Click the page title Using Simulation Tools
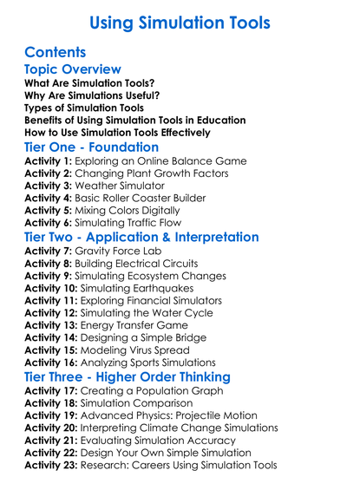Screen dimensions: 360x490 coord(179,20)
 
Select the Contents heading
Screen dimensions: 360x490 coord(55,51)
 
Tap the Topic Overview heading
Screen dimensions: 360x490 coord(72,69)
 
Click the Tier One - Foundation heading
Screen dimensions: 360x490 coord(91,147)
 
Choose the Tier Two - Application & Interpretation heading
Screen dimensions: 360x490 coord(141,237)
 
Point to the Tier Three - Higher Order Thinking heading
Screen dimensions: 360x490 coord(127,377)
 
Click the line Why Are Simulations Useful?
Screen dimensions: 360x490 coord(91,95)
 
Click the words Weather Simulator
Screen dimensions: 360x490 coord(128,186)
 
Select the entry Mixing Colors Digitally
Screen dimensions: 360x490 coord(138,212)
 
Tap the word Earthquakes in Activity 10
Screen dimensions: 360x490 coord(183,288)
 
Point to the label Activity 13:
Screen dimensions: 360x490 coord(55,325)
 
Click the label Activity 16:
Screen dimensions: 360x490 coord(55,363)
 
